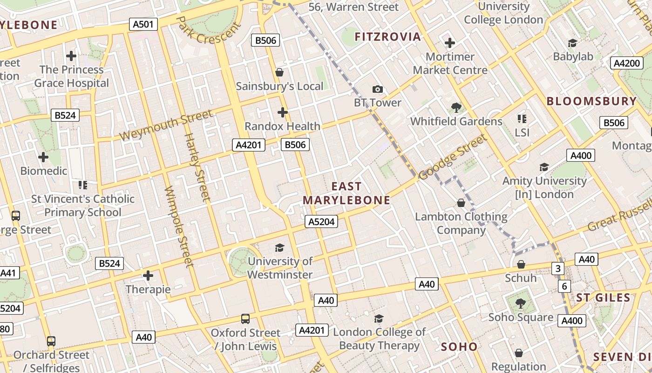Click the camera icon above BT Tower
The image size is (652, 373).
[377, 89]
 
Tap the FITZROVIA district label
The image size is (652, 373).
[387, 37]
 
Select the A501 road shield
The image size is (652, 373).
[143, 24]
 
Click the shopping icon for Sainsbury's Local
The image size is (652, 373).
[279, 72]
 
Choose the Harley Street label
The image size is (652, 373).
[198, 167]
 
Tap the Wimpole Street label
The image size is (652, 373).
[179, 227]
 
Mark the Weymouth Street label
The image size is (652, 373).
[166, 124]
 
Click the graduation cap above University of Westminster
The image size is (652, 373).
[279, 248]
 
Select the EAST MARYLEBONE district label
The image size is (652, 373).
[346, 193]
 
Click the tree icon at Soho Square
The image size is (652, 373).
[521, 304]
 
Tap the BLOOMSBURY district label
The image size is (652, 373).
[591, 101]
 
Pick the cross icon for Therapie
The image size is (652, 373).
[148, 276]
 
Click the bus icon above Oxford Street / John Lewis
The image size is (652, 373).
[245, 319]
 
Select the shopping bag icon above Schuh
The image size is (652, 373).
[521, 264]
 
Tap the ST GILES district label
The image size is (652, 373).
[603, 297]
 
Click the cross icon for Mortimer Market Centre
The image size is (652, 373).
[450, 43]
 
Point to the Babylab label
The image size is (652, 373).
[573, 56]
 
